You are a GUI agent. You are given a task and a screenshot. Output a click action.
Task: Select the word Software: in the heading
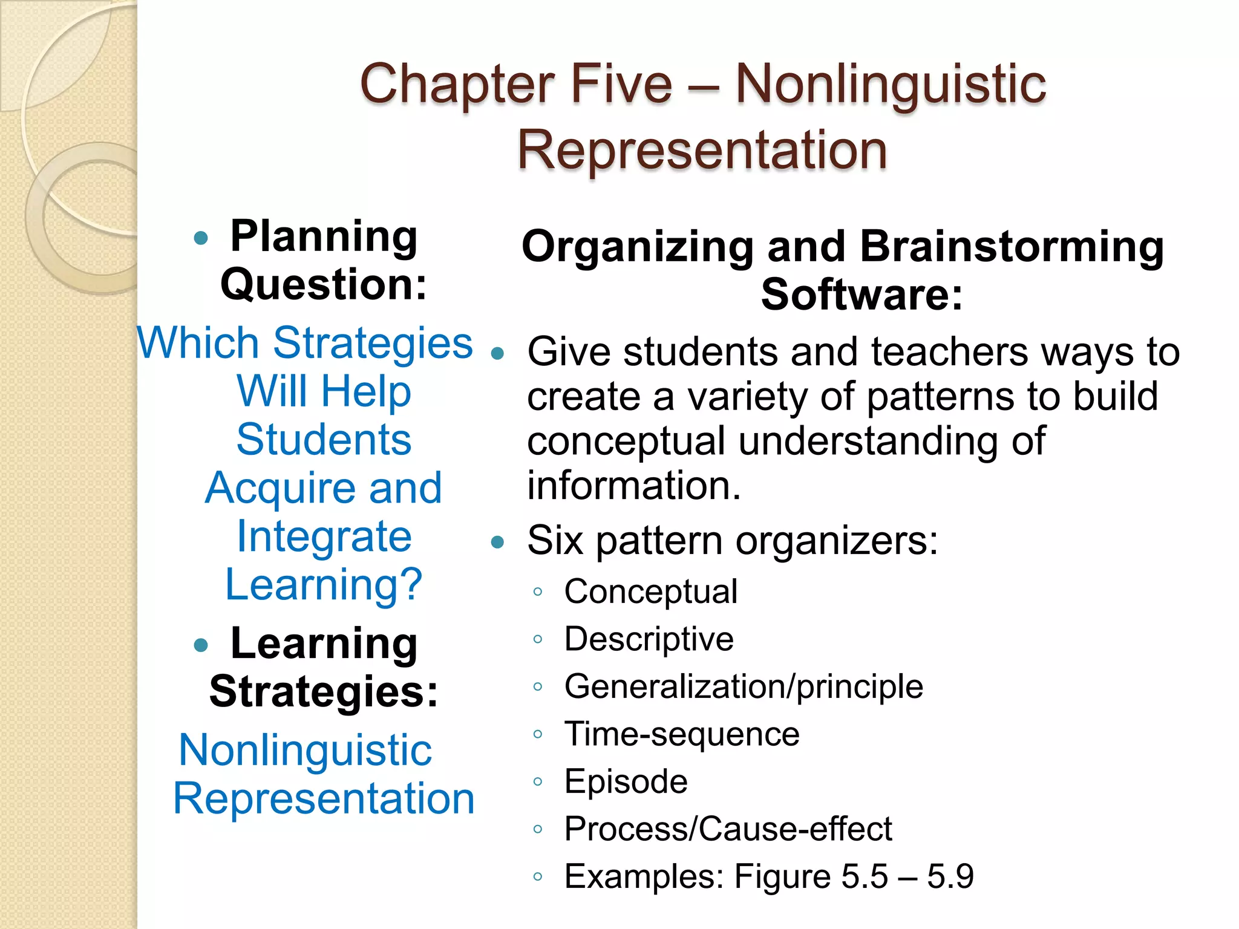[x=861, y=295]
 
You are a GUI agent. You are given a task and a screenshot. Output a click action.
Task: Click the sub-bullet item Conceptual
[x=650, y=591]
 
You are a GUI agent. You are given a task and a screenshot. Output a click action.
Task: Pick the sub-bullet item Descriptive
[x=649, y=639]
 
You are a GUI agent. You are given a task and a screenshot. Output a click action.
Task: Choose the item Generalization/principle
[x=744, y=686]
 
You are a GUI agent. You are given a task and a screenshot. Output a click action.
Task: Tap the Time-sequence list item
[x=682, y=734]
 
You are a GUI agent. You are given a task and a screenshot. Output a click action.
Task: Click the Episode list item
[x=626, y=781]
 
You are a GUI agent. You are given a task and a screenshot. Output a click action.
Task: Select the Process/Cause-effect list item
[x=728, y=829]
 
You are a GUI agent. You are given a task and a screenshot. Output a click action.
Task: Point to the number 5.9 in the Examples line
[x=950, y=876]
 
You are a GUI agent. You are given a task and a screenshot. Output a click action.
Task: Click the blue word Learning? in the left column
[x=324, y=585]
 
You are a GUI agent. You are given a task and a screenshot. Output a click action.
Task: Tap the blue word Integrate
[x=324, y=536]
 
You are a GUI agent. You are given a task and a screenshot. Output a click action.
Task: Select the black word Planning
[x=324, y=236]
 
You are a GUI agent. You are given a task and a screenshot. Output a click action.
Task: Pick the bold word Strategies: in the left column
[x=324, y=691]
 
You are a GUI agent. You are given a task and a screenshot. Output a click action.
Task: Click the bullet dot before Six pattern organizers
[x=497, y=542]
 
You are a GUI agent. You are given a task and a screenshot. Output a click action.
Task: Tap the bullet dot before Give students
[x=497, y=354]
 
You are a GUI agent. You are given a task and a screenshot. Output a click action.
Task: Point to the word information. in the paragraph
[x=634, y=486]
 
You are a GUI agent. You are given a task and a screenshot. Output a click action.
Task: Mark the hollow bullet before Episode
[x=537, y=782]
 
